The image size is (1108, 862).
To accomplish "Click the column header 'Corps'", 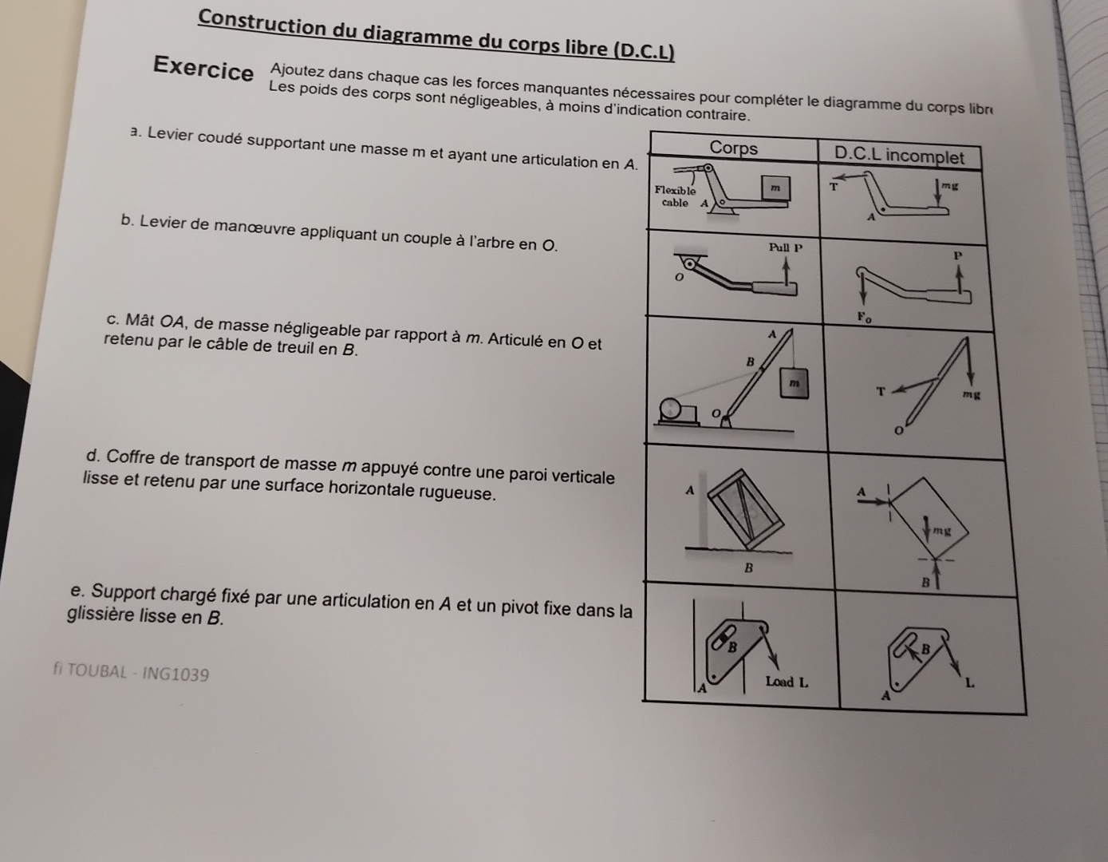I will pyautogui.click(x=733, y=148).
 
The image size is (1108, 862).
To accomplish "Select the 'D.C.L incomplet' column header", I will pyautogui.click(x=898, y=156).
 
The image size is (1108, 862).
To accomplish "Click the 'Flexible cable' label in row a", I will pyautogui.click(x=675, y=196).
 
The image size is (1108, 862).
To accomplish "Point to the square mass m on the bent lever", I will pyautogui.click(x=774, y=187).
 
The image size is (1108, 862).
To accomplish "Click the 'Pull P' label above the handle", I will pyautogui.click(x=785, y=247).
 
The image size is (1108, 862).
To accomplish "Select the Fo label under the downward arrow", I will pyautogui.click(x=865, y=317).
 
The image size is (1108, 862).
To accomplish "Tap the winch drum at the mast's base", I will pyautogui.click(x=672, y=409).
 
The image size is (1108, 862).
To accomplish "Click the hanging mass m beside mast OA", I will pyautogui.click(x=794, y=384).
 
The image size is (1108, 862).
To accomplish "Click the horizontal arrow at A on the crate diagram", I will pyautogui.click(x=875, y=501).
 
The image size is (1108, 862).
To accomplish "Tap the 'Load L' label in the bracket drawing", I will pyautogui.click(x=787, y=682).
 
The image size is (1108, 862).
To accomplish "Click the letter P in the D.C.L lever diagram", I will pyautogui.click(x=958, y=255).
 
